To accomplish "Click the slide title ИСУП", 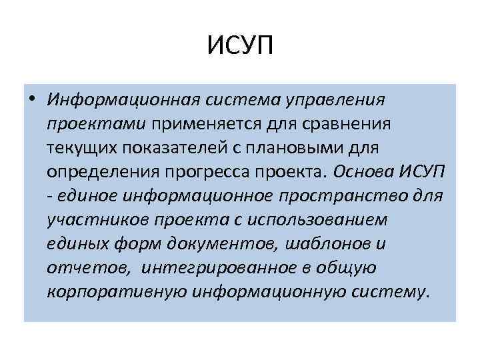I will [240, 47].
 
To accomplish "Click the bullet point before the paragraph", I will [32, 99].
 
